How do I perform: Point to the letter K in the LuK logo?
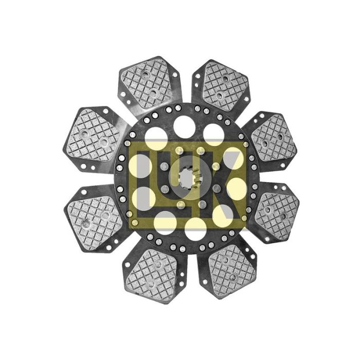tap(223, 184)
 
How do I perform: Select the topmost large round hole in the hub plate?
tap(184, 127)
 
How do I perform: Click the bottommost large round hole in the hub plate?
tap(195, 228)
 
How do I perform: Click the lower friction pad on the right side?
tap(276, 213)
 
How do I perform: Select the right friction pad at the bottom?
tap(232, 271)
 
